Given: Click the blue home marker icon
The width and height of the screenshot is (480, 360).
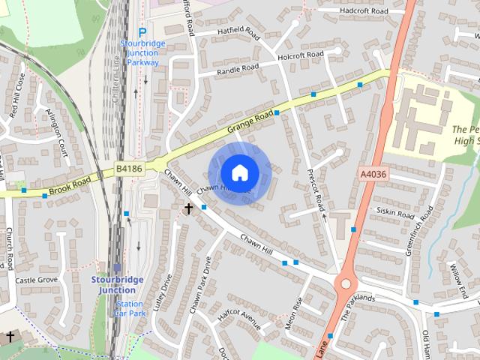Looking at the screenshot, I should pyautogui.click(x=239, y=172).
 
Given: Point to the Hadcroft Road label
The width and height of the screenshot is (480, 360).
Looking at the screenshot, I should pyautogui.click(x=363, y=11).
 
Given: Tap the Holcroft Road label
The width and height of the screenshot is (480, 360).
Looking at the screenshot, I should pyautogui.click(x=300, y=55).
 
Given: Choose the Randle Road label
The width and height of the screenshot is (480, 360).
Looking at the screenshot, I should pyautogui.click(x=237, y=70).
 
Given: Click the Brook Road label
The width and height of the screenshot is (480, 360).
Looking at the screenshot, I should pyautogui.click(x=71, y=181).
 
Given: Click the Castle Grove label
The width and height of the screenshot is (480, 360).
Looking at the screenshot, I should pyautogui.click(x=36, y=280).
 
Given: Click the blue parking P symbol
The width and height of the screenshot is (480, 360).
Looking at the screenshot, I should pyautogui.click(x=142, y=33).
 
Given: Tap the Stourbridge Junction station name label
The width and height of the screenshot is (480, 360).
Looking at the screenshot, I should pyautogui.click(x=118, y=285).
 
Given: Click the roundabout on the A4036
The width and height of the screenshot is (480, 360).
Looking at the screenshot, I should pyautogui.click(x=346, y=284).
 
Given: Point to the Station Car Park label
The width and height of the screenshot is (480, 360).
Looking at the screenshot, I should pyautogui.click(x=130, y=308).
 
